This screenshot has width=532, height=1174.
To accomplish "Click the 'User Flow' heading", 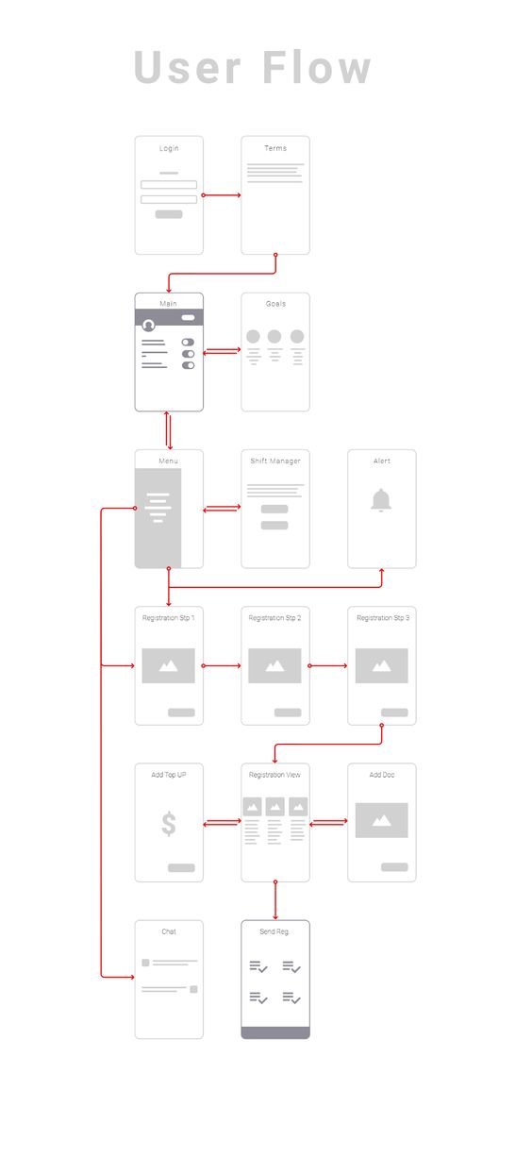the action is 253,67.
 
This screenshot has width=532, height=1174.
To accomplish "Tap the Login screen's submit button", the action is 169,214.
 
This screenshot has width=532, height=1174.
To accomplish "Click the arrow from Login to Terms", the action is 222,195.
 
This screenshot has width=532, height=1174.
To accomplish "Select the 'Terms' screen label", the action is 275,148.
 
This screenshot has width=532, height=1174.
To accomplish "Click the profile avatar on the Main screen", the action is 149,326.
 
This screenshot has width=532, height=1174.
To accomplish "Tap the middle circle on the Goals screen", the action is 274,336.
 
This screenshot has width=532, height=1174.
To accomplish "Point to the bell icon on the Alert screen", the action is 381,500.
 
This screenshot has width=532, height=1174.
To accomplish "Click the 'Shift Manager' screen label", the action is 275,461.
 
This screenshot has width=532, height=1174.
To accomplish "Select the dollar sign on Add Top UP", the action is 169,823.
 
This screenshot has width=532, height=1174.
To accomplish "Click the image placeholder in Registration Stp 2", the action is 274,665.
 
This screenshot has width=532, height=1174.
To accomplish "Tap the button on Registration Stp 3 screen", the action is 394,713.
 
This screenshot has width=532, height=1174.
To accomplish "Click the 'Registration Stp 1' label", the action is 169,618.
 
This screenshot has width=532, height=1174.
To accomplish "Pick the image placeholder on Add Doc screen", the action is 382,820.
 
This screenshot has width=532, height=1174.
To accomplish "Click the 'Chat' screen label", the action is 169,931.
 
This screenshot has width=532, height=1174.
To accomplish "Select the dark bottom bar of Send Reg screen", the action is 275,1032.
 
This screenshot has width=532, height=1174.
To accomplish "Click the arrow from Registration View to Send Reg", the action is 275,900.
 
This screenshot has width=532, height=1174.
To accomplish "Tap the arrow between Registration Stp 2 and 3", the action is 328,665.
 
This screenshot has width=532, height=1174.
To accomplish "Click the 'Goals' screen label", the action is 275,304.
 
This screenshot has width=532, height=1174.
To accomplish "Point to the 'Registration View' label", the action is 274,775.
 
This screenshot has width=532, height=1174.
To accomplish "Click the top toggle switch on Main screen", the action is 188,343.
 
